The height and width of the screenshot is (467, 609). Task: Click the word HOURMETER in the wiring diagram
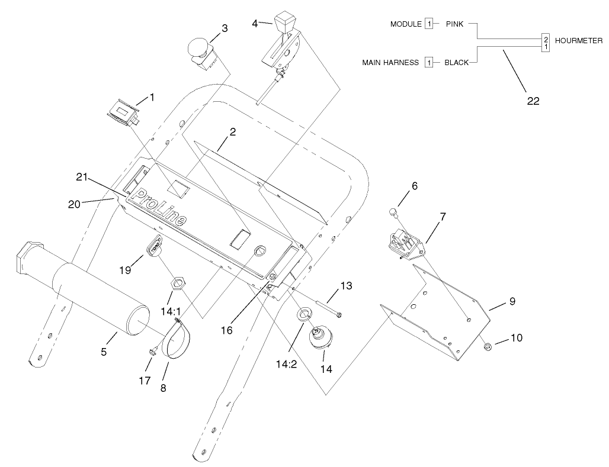coord(579,41)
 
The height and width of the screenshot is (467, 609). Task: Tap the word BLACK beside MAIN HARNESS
coord(456,62)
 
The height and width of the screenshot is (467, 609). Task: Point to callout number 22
coord(533,101)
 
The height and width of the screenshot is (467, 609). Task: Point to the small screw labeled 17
coord(152,352)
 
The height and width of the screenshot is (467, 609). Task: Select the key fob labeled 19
coord(155,246)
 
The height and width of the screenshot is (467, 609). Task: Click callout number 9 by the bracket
coord(512,301)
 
